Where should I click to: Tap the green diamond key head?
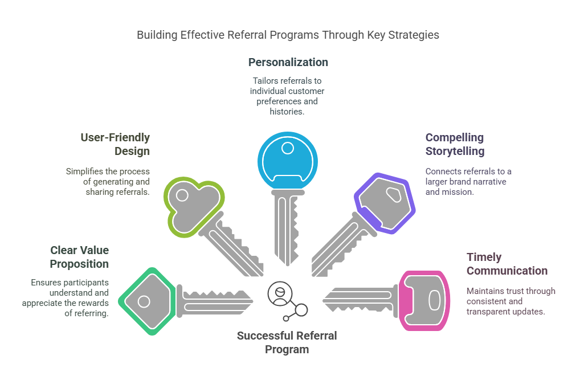[147, 301]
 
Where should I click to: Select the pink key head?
[424, 301]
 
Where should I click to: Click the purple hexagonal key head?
[385, 203]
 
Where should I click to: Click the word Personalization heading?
[288, 62]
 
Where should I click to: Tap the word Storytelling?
[455, 151]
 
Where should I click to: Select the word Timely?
[484, 257]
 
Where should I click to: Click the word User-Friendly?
[115, 137]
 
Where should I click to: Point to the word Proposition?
[79, 264]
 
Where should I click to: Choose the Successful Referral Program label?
[287, 342]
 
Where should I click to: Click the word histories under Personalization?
[287, 111]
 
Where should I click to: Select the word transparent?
[487, 312]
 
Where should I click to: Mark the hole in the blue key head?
[288, 148]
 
